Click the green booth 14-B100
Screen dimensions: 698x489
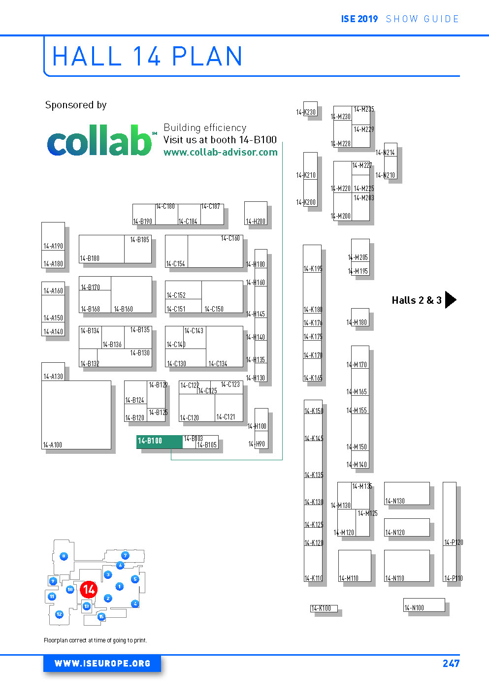coord(159,442)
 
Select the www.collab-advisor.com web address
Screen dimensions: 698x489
coord(220,153)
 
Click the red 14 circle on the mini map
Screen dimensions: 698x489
coord(89,589)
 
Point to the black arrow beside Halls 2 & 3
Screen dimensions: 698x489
coord(450,300)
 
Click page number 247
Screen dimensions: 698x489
coord(451,664)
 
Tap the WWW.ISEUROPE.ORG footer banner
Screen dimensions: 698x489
coord(102,664)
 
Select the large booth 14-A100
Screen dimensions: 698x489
coord(76,414)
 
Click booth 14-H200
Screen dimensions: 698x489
coord(256,213)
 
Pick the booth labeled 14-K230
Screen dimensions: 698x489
coord(310,109)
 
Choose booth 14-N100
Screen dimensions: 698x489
coord(424,605)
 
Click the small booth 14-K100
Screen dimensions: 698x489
coord(324,608)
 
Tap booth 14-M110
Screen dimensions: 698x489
coord(354,566)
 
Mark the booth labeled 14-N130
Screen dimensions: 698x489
coord(406,494)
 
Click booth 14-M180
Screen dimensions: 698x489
coord(359,318)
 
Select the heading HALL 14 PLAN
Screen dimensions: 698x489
coord(147,56)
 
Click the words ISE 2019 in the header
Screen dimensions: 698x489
coord(359,19)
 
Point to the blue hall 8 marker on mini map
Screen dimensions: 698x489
coord(64,556)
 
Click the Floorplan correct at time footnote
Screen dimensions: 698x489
coord(95,640)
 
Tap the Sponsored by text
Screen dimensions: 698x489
coord(76,105)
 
